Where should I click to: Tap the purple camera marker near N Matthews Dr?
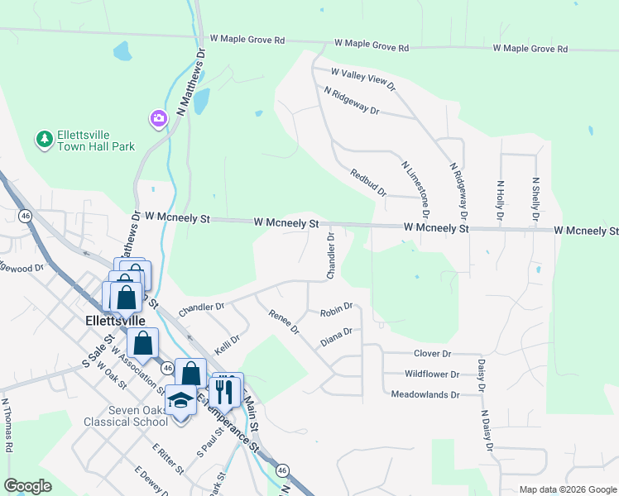(x=158, y=120)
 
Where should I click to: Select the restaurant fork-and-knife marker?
(x=225, y=391)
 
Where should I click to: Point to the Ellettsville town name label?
(x=116, y=319)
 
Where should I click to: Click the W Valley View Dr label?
(x=363, y=79)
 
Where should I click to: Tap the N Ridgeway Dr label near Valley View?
(x=351, y=101)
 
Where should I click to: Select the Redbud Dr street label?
(x=368, y=182)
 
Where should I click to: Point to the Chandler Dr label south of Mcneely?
(x=331, y=255)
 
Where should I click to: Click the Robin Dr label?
(x=336, y=311)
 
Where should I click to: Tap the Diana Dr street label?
(x=336, y=336)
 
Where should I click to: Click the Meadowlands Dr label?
(x=425, y=395)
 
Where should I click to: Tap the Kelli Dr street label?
(x=227, y=345)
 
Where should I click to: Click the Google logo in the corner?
(x=28, y=486)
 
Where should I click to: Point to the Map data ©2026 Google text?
(x=567, y=489)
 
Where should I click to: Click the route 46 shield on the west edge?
(x=26, y=216)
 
